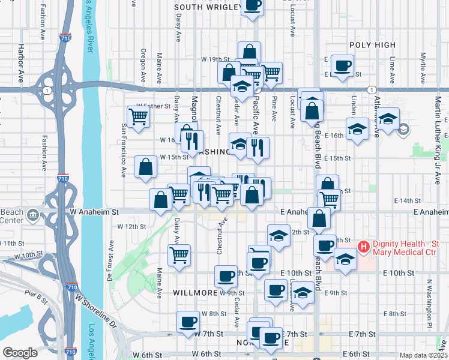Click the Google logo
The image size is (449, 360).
[20, 353]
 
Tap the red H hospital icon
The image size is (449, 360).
[363, 246]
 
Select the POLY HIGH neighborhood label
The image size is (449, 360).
[372, 45]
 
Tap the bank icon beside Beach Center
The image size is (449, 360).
[31, 214]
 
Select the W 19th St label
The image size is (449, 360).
[216, 59]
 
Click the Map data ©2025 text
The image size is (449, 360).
[423, 355]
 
